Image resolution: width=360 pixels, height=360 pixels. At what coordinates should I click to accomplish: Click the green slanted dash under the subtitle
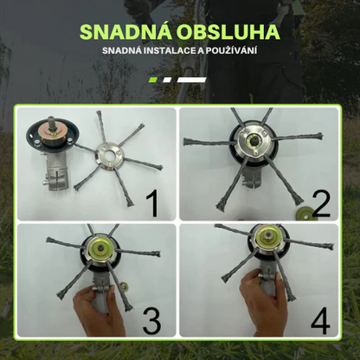pos(153,80)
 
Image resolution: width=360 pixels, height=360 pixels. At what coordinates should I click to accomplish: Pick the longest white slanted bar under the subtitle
pos(192,80)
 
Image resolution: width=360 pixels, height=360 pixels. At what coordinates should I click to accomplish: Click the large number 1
pos(152,204)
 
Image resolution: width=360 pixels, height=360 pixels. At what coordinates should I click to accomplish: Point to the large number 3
pos(152,320)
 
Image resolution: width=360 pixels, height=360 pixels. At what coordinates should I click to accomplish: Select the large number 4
pos(320,320)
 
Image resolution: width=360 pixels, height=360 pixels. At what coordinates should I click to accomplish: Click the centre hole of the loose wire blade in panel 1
pos(110,156)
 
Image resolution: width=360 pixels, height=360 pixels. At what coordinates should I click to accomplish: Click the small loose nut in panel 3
pos(125,286)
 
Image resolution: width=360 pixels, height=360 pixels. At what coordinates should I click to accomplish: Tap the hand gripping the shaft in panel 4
pos(260,303)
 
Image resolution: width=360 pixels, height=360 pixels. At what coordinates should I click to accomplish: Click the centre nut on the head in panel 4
pos(268,237)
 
